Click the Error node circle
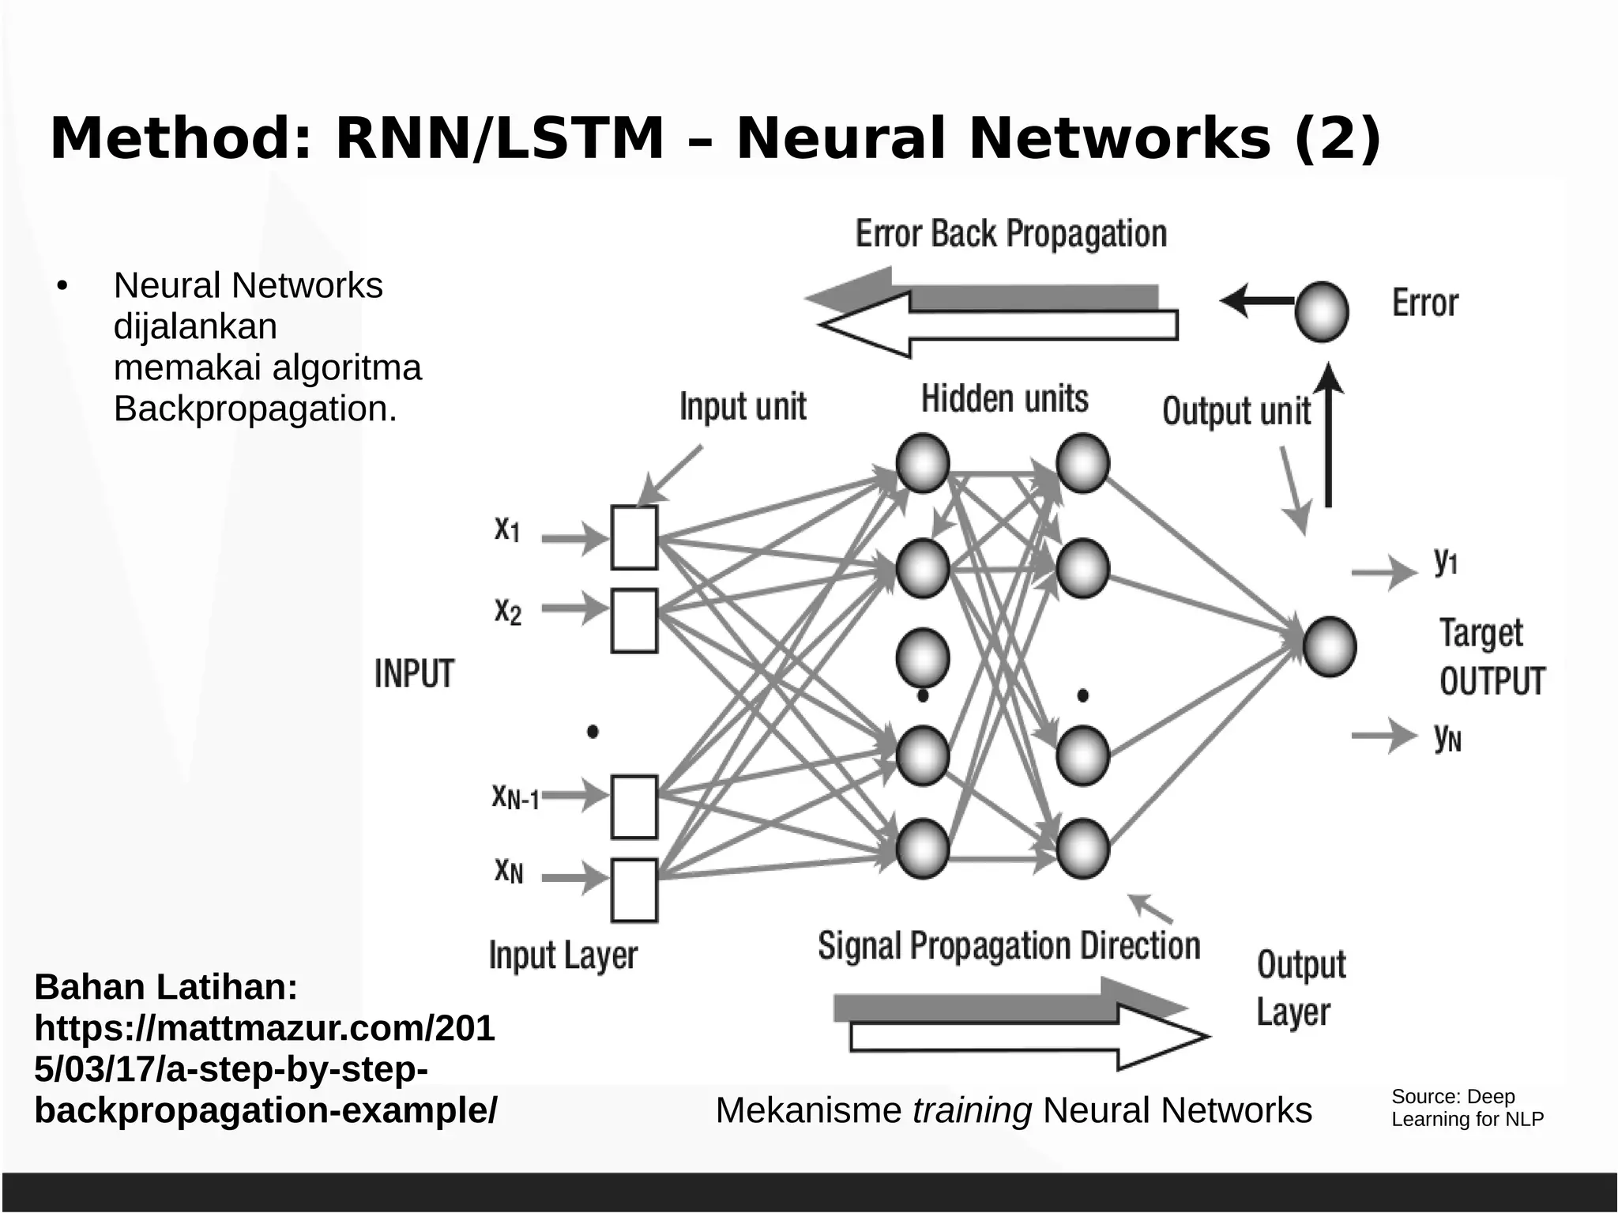[1321, 311]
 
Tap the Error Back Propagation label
[1010, 234]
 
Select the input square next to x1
[634, 537]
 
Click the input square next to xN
[634, 890]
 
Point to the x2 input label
[508, 610]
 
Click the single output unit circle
[1329, 646]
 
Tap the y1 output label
[1446, 561]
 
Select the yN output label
[1447, 737]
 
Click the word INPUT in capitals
[414, 674]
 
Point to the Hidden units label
[1004, 399]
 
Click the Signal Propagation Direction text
[1009, 946]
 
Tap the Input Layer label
[563, 955]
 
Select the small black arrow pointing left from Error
[1256, 300]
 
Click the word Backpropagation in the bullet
[254, 409]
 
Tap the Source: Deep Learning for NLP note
[1466, 1107]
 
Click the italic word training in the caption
[972, 1110]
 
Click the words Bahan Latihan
[166, 987]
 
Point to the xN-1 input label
[515, 797]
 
